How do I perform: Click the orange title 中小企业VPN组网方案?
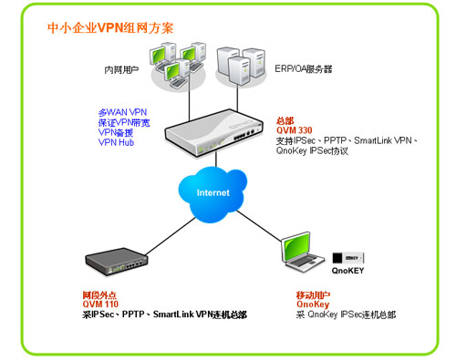pos(110,28)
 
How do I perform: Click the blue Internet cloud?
pos(212,194)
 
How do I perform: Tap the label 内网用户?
pos(121,70)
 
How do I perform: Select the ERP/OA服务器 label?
pos(304,69)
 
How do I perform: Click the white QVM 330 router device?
pos(213,133)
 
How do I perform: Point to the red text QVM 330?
pos(295,130)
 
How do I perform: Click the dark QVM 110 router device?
pos(117,262)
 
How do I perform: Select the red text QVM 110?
pos(100,304)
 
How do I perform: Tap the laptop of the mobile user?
pos(303,253)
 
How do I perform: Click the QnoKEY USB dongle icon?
pos(348,258)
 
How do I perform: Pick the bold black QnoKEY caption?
pos(347,271)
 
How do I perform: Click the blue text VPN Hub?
pos(116,142)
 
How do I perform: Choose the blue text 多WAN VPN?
pos(122,112)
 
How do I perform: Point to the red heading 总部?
pos(285,121)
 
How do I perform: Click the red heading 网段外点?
pos(99,294)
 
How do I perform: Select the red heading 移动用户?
pos(313,294)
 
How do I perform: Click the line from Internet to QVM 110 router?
pos(171,236)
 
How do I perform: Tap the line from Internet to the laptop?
pos(259,226)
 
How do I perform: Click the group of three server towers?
pos(241,66)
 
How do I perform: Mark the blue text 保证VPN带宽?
pos(124,122)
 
